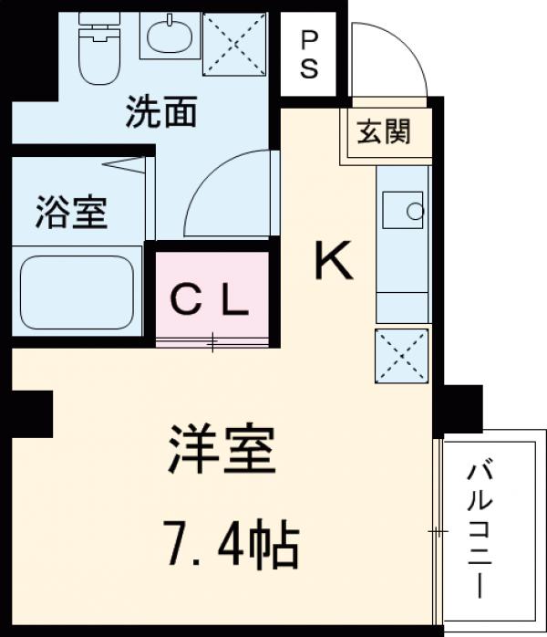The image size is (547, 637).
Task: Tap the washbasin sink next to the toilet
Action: pyautogui.click(x=169, y=37)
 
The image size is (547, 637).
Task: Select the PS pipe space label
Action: pyautogui.click(x=310, y=54)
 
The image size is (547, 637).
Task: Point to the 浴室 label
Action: pyautogui.click(x=72, y=212)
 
